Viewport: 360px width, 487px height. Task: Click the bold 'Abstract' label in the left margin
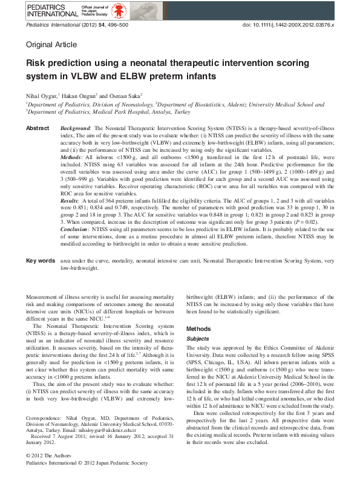click(38, 129)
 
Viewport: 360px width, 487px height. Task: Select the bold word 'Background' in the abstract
click(75, 129)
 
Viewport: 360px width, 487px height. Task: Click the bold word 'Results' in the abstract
click(70, 200)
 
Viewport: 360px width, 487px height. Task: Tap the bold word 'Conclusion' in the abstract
click(76, 238)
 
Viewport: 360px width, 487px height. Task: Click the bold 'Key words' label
click(41, 261)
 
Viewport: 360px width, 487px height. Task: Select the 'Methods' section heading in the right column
click(199, 328)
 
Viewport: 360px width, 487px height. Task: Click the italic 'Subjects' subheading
click(199, 339)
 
